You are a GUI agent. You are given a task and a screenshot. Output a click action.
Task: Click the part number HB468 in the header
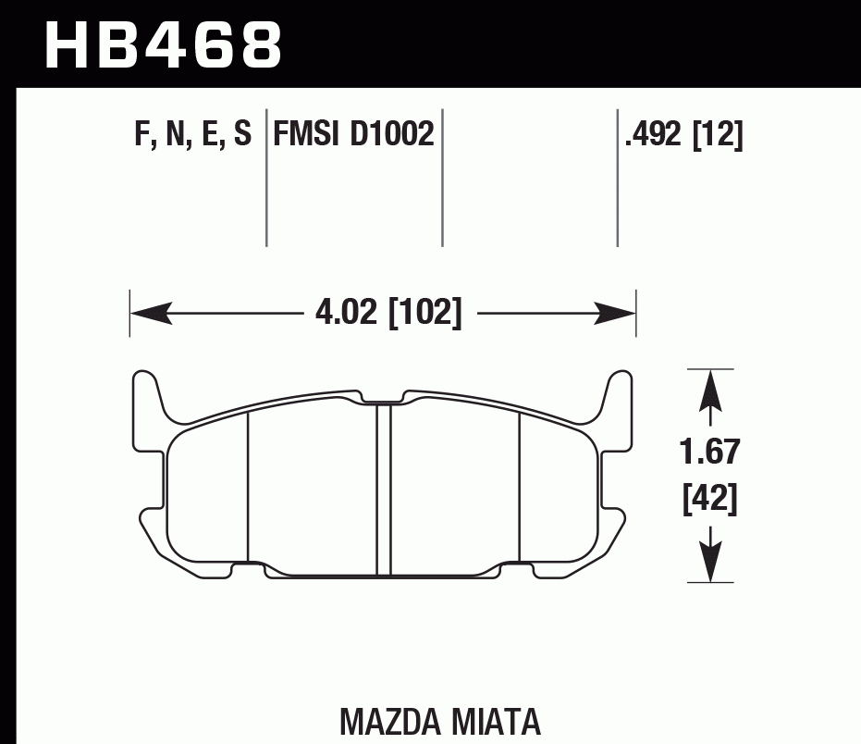coord(163,43)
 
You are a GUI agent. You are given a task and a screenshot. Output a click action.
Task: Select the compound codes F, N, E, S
coord(192,135)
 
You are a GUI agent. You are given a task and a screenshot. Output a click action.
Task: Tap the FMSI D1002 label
coord(353,135)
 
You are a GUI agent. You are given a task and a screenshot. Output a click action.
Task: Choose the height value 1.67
coord(709,453)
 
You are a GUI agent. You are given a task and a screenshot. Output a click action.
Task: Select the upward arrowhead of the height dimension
coord(709,389)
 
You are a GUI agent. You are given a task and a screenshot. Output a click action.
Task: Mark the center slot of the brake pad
coord(384,490)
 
